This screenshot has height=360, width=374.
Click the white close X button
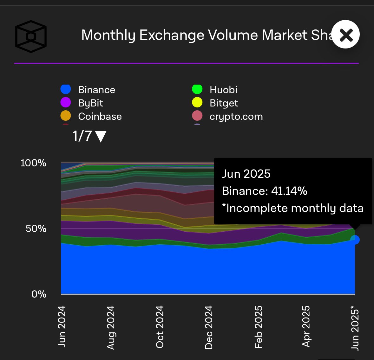point(345,35)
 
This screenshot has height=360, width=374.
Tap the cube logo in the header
point(31,36)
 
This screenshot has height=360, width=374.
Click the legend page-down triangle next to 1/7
point(101,137)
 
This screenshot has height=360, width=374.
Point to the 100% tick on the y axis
point(33,163)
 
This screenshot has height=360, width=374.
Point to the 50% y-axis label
point(36,228)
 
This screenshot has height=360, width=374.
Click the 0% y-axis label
point(39,294)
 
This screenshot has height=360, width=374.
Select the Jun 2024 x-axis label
point(62,326)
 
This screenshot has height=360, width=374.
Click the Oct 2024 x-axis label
point(160,327)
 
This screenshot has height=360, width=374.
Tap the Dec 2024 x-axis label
point(208,327)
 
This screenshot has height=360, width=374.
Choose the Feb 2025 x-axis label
point(259,327)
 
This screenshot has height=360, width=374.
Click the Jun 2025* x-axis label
point(355,328)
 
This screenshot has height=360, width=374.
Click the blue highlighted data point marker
point(355,240)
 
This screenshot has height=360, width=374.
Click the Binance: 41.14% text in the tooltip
point(264,191)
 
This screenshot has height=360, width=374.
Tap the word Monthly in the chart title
point(108,35)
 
